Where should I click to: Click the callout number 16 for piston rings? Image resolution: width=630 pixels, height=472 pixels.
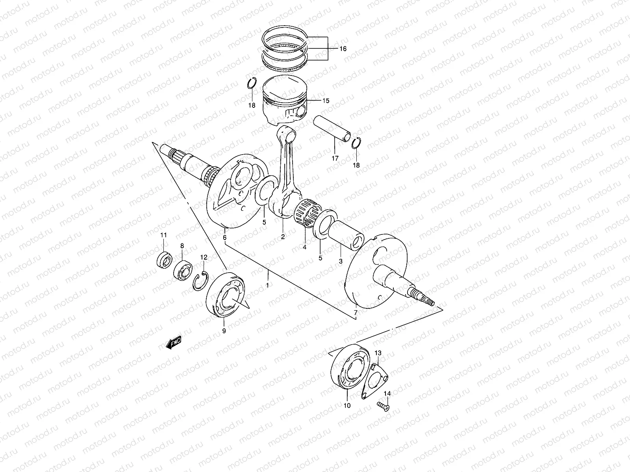[x=343, y=49]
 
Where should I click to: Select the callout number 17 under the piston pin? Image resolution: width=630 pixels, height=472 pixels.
[x=335, y=159]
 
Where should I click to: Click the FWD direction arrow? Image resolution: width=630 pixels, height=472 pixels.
[x=173, y=343]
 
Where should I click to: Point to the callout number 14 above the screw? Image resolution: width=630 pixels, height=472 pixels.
[x=387, y=393]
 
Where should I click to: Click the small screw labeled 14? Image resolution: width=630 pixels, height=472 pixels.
[x=384, y=407]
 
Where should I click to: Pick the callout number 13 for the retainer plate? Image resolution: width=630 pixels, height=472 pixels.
[x=378, y=353]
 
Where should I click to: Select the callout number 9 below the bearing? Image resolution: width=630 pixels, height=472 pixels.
[x=224, y=331]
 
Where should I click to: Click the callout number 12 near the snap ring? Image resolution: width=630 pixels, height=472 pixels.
[x=204, y=257]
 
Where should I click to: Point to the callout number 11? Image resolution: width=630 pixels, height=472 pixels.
[x=163, y=235]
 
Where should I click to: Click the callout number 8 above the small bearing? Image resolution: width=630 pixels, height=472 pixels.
[x=182, y=246]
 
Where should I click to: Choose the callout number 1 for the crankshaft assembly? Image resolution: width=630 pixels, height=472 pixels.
[x=267, y=285]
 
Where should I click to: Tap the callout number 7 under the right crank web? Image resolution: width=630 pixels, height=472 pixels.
[x=356, y=313]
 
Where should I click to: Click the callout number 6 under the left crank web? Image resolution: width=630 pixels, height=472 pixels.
[x=224, y=238]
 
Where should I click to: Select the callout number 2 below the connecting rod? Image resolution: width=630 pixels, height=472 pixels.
[x=283, y=237]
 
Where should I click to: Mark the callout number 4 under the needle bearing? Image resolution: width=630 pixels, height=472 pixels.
[x=304, y=247]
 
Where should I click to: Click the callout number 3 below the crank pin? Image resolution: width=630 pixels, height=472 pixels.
[x=341, y=261]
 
